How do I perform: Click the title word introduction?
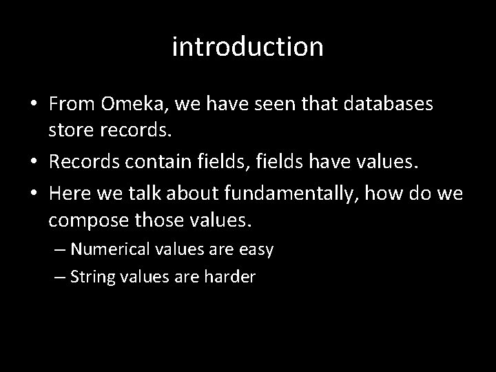point(247,47)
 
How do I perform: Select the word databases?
point(390,104)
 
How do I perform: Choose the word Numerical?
point(110,249)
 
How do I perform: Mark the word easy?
point(256,249)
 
